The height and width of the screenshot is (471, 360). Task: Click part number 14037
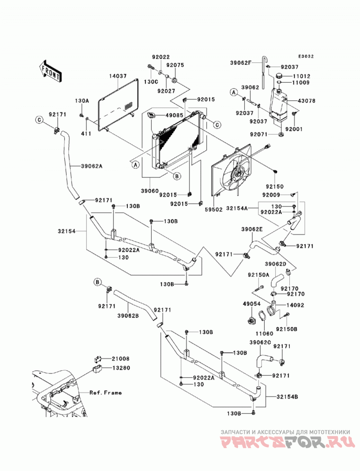coord(118,76)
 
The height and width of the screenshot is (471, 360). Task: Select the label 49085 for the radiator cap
coord(173,115)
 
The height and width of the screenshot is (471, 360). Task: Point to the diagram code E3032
coord(306,56)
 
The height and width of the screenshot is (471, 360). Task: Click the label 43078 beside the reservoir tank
coord(306,101)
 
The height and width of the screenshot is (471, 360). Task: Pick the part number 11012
coord(301,76)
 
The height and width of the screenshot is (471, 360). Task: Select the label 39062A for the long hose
coord(91,166)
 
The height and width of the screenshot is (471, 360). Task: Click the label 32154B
coord(288,397)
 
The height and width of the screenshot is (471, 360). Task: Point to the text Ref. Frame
coord(105,393)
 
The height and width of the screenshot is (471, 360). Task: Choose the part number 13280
coord(121,368)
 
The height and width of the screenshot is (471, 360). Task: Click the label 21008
coord(121,359)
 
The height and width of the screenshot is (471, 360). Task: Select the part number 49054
coord(252,304)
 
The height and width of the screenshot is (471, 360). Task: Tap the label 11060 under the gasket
coord(265,333)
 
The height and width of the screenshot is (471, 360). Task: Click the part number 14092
coord(295,305)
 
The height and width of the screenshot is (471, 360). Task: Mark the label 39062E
coord(252,229)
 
